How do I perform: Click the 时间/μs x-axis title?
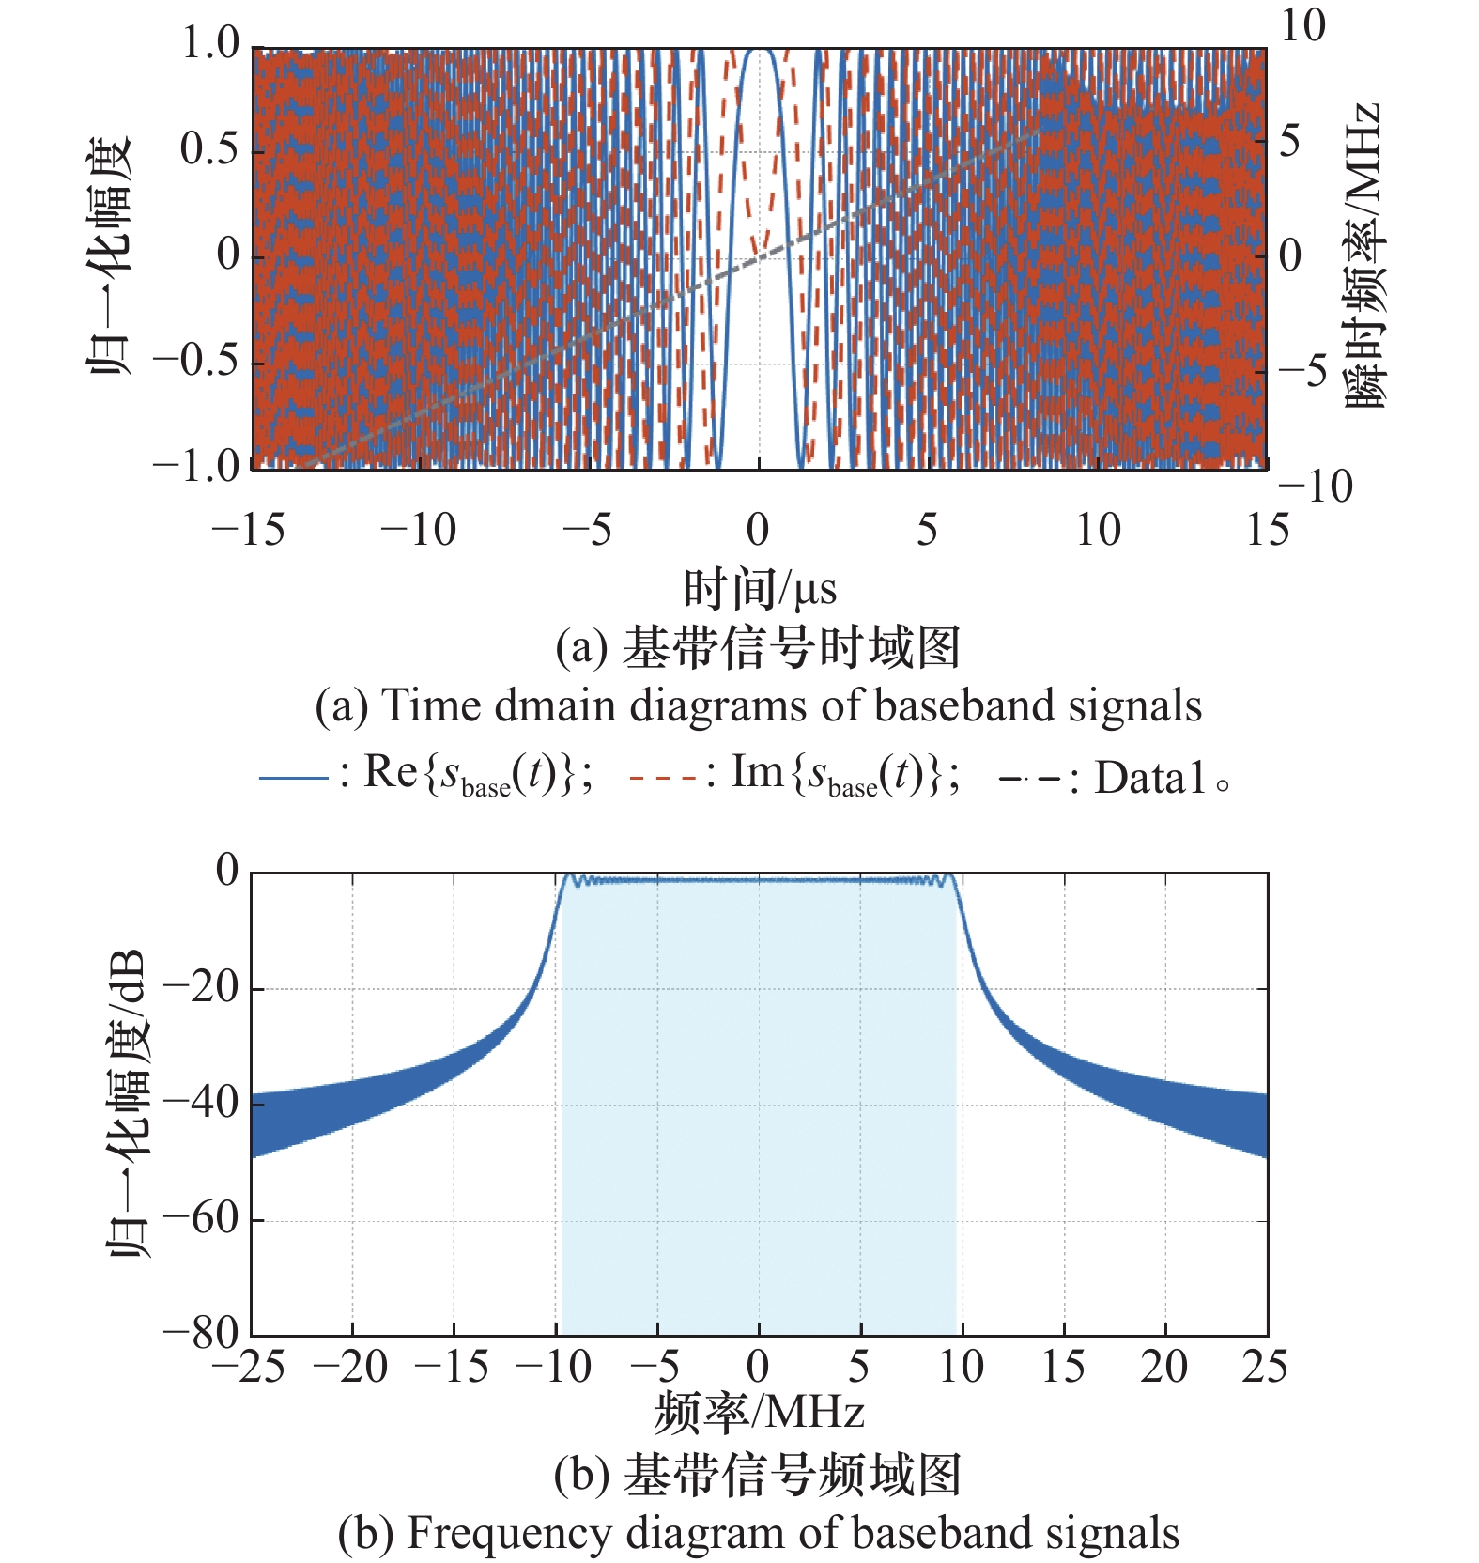pyautogui.click(x=759, y=590)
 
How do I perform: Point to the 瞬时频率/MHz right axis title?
pyautogui.click(x=1363, y=255)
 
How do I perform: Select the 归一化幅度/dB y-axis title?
pyautogui.click(x=125, y=1104)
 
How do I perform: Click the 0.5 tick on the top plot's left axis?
pyautogui.click(x=209, y=150)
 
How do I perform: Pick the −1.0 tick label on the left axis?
pyautogui.click(x=197, y=467)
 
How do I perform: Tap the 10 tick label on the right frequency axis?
pyautogui.click(x=1303, y=26)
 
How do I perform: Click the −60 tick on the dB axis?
pyautogui.click(x=202, y=1219)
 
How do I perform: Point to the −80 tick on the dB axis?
pyautogui.click(x=202, y=1334)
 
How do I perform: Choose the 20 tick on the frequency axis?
pyautogui.click(x=1164, y=1368)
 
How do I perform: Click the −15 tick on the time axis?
pyautogui.click(x=249, y=531)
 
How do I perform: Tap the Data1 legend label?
pyautogui.click(x=1149, y=779)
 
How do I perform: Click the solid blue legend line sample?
pyautogui.click(x=293, y=778)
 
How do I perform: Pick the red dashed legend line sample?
pyautogui.click(x=663, y=778)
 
